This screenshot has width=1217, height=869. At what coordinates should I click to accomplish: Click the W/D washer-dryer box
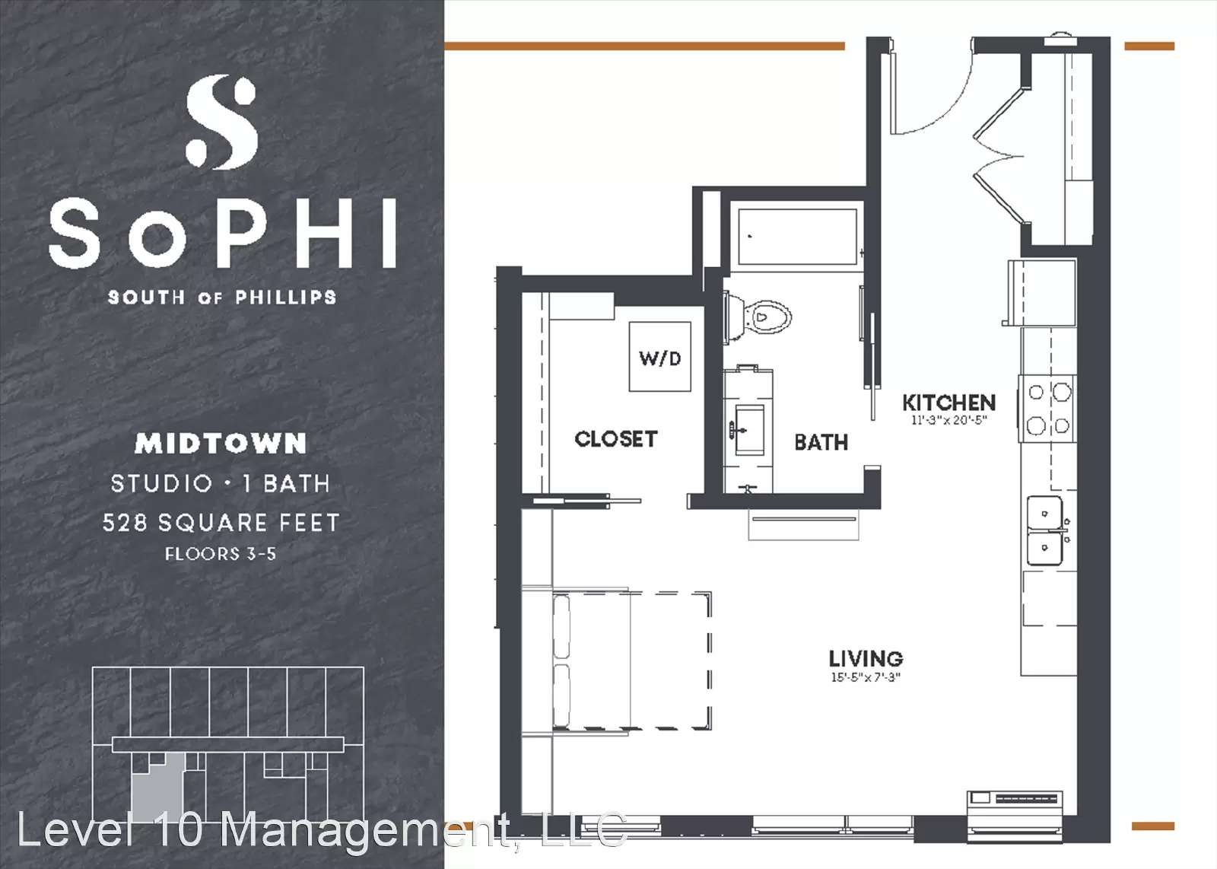point(659,357)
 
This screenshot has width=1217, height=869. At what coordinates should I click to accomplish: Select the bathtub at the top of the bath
point(798,237)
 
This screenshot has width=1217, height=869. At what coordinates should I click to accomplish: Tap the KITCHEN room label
point(948,403)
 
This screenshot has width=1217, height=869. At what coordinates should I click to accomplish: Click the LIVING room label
point(866,659)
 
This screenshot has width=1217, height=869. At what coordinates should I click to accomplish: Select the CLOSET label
point(616,438)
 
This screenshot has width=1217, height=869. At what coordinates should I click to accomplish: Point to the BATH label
point(821,442)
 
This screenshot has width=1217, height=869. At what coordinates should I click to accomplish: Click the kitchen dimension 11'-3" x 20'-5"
point(948,420)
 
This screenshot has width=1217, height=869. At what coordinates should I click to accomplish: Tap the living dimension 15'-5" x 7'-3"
point(866,677)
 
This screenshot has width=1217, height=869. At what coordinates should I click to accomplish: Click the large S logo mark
point(221,122)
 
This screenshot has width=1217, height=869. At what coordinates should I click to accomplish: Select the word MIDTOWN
point(221,444)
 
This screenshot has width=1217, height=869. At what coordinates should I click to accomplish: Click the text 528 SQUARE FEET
point(221,523)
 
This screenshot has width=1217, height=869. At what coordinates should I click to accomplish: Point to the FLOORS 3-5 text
point(221,554)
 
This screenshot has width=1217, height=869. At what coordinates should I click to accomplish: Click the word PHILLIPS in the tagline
point(286,298)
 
